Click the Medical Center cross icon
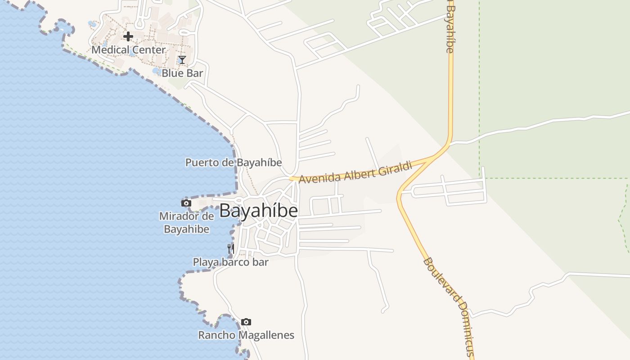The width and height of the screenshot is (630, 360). [128, 36]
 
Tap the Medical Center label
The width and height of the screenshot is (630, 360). [129, 50]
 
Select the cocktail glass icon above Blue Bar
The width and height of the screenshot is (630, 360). [182, 60]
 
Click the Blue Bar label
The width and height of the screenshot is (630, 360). [182, 73]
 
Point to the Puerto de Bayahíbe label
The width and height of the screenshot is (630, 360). [234, 162]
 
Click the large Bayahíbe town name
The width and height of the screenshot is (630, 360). [258, 211]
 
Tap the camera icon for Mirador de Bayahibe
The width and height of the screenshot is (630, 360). [186, 203]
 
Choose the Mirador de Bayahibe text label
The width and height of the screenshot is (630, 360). [186, 222]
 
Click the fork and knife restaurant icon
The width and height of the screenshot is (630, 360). [230, 248]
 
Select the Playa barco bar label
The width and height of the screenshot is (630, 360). [230, 262]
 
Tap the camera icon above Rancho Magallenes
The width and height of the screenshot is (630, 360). [246, 322]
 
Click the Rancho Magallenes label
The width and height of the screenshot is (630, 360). [246, 335]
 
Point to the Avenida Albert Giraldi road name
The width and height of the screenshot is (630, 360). [355, 173]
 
